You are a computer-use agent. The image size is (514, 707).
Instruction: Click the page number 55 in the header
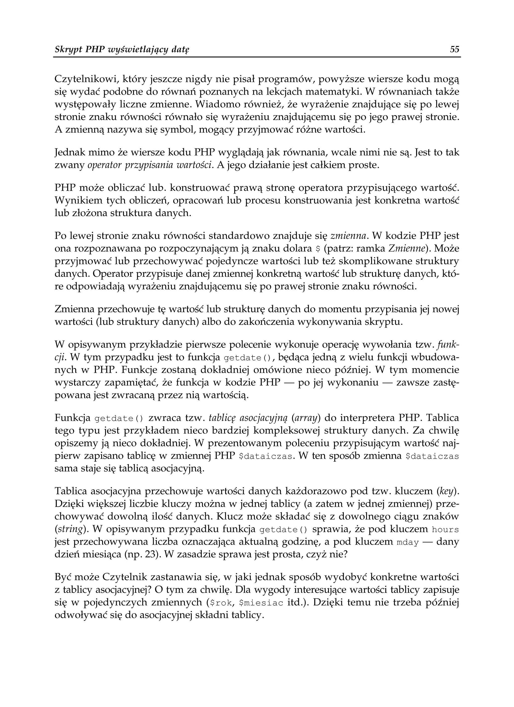coord(455,49)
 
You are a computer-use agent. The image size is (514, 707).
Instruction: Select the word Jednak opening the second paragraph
coord(70,153)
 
